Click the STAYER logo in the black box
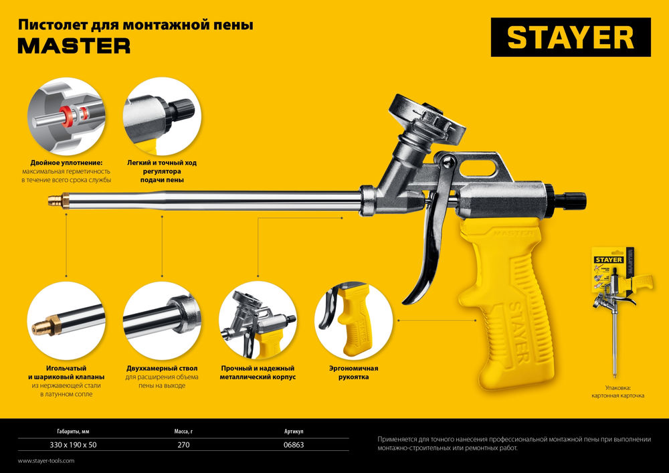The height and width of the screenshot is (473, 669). pos(570,37)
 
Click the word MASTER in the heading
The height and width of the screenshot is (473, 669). pos(74,45)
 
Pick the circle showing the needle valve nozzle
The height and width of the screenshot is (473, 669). pos(66,320)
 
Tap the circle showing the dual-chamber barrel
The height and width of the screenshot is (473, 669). pos(162,320)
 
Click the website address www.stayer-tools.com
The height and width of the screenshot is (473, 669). pos(46,461)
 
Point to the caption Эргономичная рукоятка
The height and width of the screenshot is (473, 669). pos(353,373)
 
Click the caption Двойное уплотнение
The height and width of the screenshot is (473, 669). pos(66,163)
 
